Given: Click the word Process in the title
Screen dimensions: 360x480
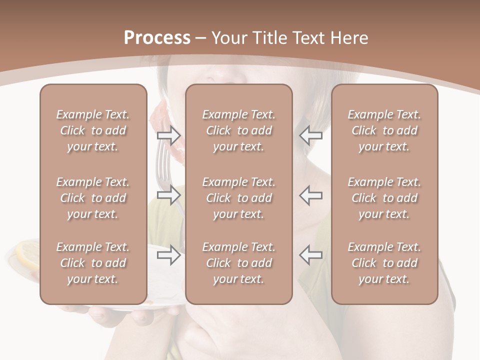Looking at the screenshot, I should pyautogui.click(x=157, y=38).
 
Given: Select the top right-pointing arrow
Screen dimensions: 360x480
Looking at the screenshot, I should pyautogui.click(x=168, y=135).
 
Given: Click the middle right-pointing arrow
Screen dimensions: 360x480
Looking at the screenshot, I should pyautogui.click(x=168, y=194).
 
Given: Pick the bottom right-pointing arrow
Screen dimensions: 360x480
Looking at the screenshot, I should pyautogui.click(x=168, y=255).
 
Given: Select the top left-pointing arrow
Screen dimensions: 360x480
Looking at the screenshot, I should pyautogui.click(x=311, y=135).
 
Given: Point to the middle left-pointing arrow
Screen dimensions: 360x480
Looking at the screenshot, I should pyautogui.click(x=311, y=194).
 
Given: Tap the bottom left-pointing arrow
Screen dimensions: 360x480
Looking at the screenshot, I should pyautogui.click(x=311, y=255).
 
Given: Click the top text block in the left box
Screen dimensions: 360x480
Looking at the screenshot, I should pyautogui.click(x=93, y=130).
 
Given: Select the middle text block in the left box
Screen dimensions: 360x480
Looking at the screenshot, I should pyautogui.click(x=93, y=198).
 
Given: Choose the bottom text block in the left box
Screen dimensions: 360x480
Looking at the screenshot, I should pyautogui.click(x=93, y=263).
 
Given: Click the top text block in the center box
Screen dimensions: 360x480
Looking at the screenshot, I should pyautogui.click(x=238, y=130).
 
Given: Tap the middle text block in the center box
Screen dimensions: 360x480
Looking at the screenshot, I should pyautogui.click(x=238, y=198).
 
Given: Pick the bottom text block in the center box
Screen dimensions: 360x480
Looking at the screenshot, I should pyautogui.click(x=238, y=263).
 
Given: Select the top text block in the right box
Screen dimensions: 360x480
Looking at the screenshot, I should pyautogui.click(x=384, y=130).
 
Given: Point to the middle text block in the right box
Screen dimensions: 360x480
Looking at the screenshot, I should pyautogui.click(x=384, y=198).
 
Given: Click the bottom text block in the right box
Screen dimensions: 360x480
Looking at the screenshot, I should pyautogui.click(x=384, y=263).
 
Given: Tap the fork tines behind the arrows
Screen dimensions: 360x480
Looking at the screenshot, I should pyautogui.click(x=163, y=160).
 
